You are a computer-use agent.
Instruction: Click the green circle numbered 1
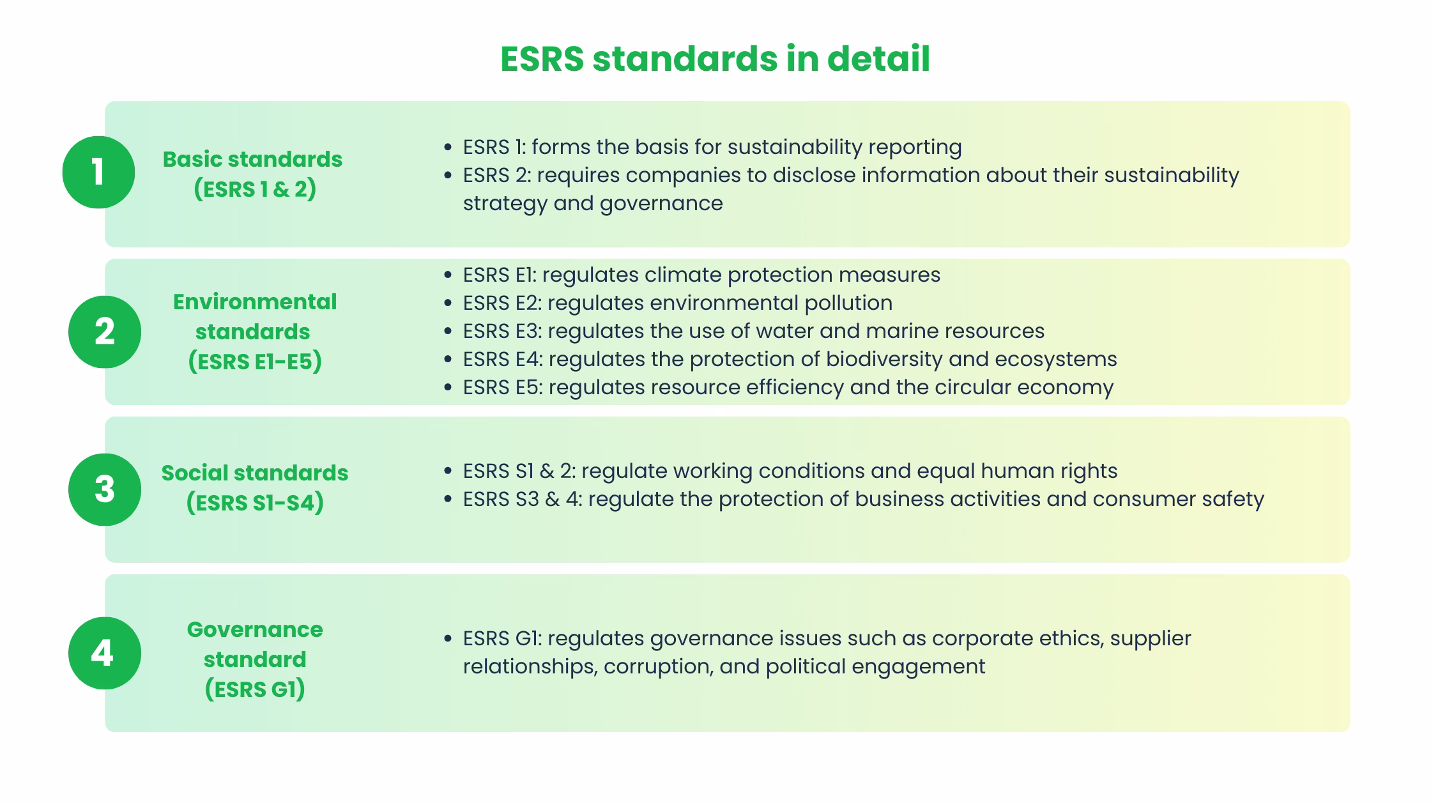(98, 172)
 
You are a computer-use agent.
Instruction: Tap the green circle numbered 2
(105, 332)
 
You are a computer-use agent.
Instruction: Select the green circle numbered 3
(105, 489)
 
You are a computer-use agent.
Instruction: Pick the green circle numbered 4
(105, 653)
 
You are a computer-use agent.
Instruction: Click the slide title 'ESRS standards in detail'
(715, 59)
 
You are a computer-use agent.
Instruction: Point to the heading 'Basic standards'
(252, 159)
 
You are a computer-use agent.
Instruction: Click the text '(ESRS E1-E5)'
(255, 362)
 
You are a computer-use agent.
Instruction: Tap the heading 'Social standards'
(255, 473)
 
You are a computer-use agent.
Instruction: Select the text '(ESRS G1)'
(255, 689)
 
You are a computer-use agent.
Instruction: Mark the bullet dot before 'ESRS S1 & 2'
(448, 471)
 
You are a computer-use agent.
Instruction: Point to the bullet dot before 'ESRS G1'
(448, 639)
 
